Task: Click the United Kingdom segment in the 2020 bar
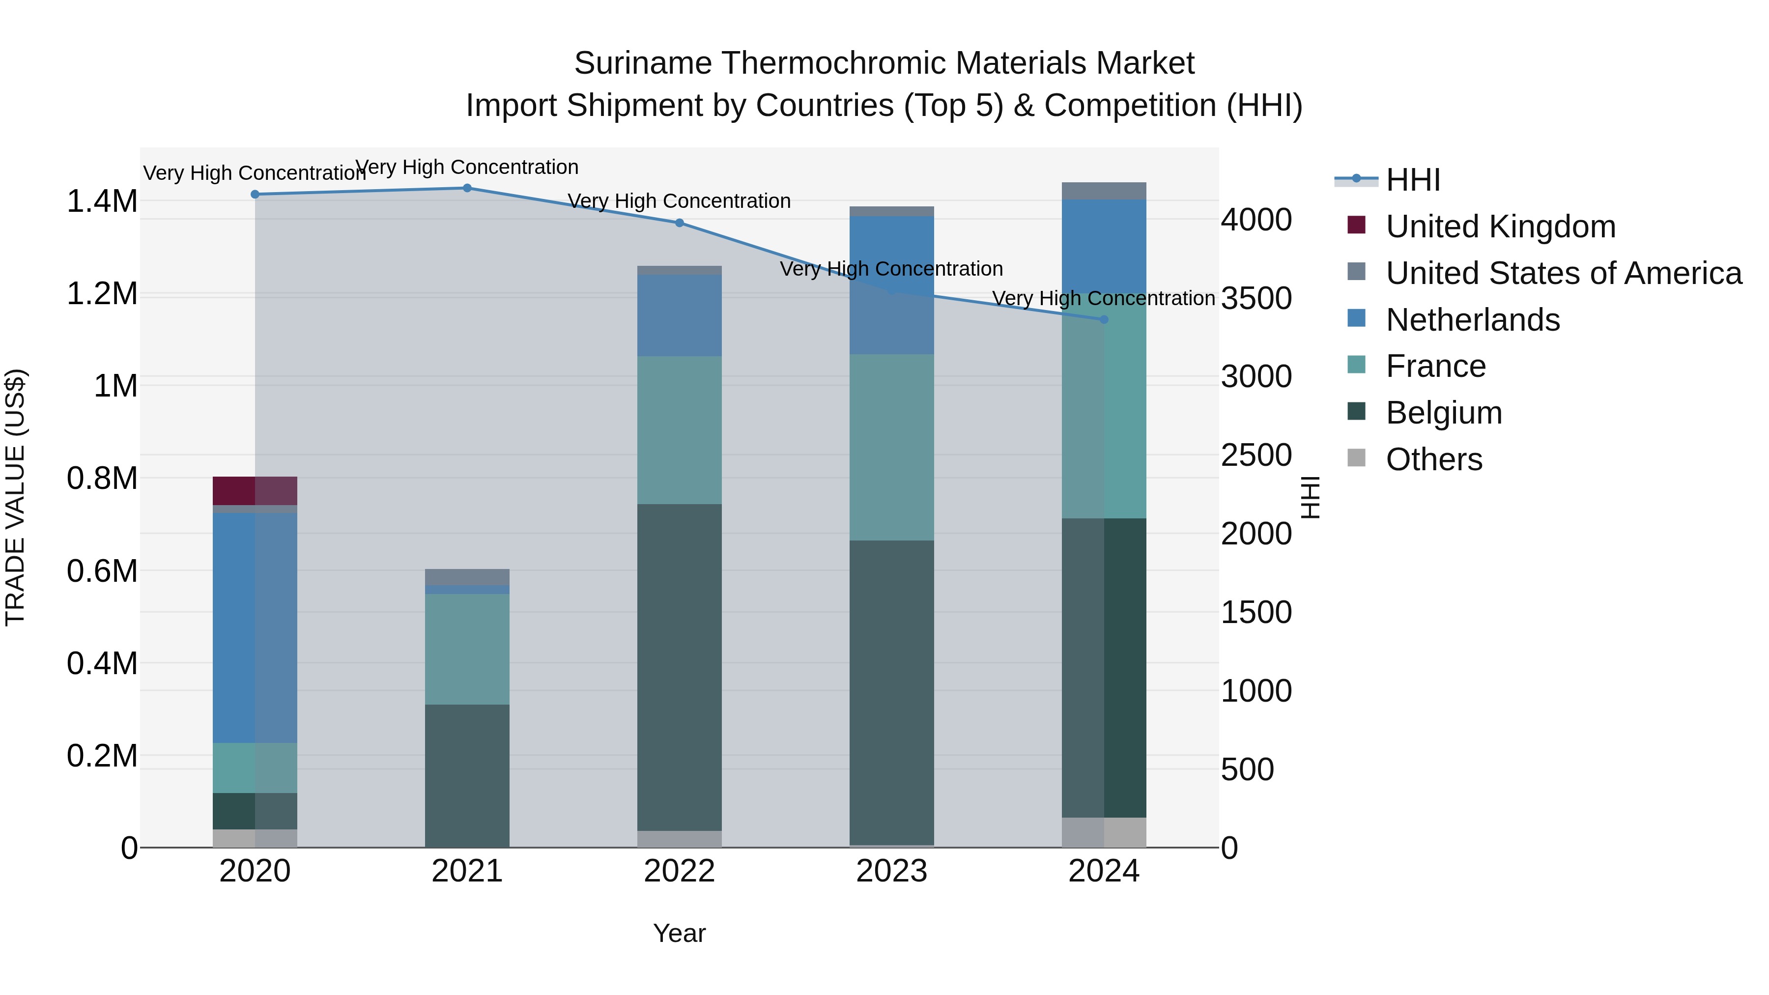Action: pyautogui.click(x=255, y=490)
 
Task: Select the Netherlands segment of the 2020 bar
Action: pyautogui.click(x=255, y=627)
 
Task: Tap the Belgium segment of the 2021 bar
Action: pyautogui.click(x=467, y=775)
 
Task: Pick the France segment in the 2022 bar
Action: pyautogui.click(x=679, y=430)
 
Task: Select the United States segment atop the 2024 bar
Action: pyautogui.click(x=1104, y=191)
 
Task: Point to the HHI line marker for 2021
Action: pyautogui.click(x=467, y=188)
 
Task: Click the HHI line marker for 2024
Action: pyautogui.click(x=1104, y=319)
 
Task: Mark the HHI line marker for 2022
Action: pyautogui.click(x=679, y=223)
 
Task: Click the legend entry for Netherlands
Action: pyautogui.click(x=1472, y=320)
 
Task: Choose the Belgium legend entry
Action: pyautogui.click(x=1444, y=413)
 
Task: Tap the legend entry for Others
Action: pyautogui.click(x=1433, y=459)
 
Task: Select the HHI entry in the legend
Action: pyautogui.click(x=1413, y=180)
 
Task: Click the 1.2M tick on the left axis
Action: pyautogui.click(x=102, y=294)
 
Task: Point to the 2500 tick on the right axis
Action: pyautogui.click(x=1256, y=455)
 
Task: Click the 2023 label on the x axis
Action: pyautogui.click(x=891, y=871)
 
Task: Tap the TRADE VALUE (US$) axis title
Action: pyautogui.click(x=15, y=497)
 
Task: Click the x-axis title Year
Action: pyautogui.click(x=679, y=933)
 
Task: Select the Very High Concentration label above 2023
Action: pyautogui.click(x=891, y=268)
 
